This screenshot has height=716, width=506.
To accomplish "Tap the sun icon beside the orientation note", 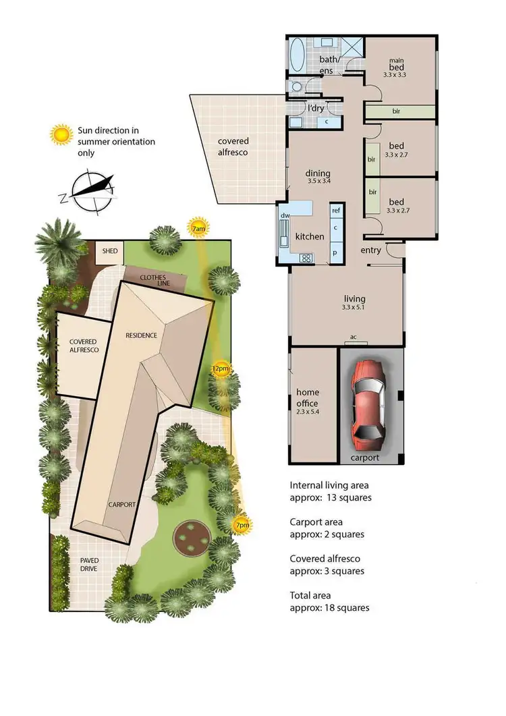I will click(62, 134).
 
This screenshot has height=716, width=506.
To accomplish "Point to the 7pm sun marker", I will click(240, 525).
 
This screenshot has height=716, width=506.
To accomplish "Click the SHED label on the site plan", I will click(109, 251).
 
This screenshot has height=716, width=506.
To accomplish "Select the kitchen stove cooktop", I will click(306, 257).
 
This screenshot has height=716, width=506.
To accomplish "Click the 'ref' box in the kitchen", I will click(336, 211).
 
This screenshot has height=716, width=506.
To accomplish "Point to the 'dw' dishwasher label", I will click(285, 215).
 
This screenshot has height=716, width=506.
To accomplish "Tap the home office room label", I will click(308, 398).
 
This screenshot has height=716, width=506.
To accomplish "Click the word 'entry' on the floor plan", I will click(371, 250).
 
